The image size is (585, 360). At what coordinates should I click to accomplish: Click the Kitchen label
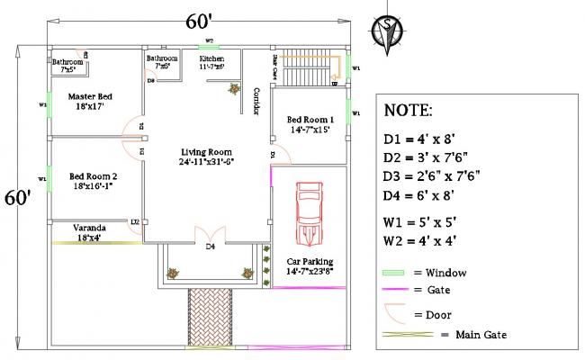pyautogui.click(x=211, y=61)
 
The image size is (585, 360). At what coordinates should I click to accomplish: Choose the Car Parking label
pyautogui.click(x=310, y=264)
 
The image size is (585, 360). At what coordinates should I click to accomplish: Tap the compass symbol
pyautogui.click(x=387, y=27)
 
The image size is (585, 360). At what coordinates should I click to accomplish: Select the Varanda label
pyautogui.click(x=89, y=233)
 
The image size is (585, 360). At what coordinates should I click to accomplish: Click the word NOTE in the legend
pyautogui.click(x=408, y=111)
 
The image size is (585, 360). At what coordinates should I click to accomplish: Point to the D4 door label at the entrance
pyautogui.click(x=210, y=246)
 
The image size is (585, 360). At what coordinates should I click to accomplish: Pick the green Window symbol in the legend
pyautogui.click(x=394, y=273)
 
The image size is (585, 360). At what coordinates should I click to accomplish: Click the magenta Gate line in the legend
pyautogui.click(x=394, y=290)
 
